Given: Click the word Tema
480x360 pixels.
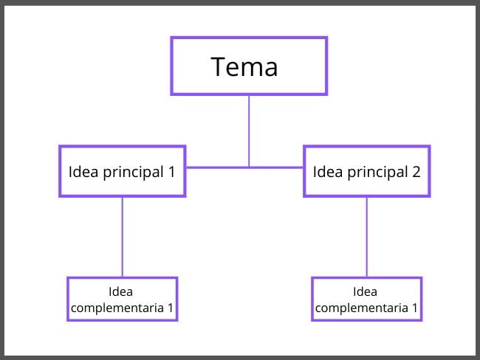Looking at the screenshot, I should [244, 66].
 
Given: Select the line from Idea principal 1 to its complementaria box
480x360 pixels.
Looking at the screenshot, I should [123, 236].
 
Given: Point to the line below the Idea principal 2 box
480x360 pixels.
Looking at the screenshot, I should [367, 236].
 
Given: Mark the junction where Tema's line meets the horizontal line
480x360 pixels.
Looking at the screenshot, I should [249, 167].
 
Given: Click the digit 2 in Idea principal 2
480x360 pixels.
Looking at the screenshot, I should [416, 172].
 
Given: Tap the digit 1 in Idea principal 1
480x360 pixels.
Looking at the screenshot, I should [171, 172].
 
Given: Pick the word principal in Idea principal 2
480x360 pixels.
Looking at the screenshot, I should [377, 173].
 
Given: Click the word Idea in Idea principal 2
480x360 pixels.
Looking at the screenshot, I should [327, 172].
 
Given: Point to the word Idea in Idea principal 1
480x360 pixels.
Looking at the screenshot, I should [83, 172].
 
